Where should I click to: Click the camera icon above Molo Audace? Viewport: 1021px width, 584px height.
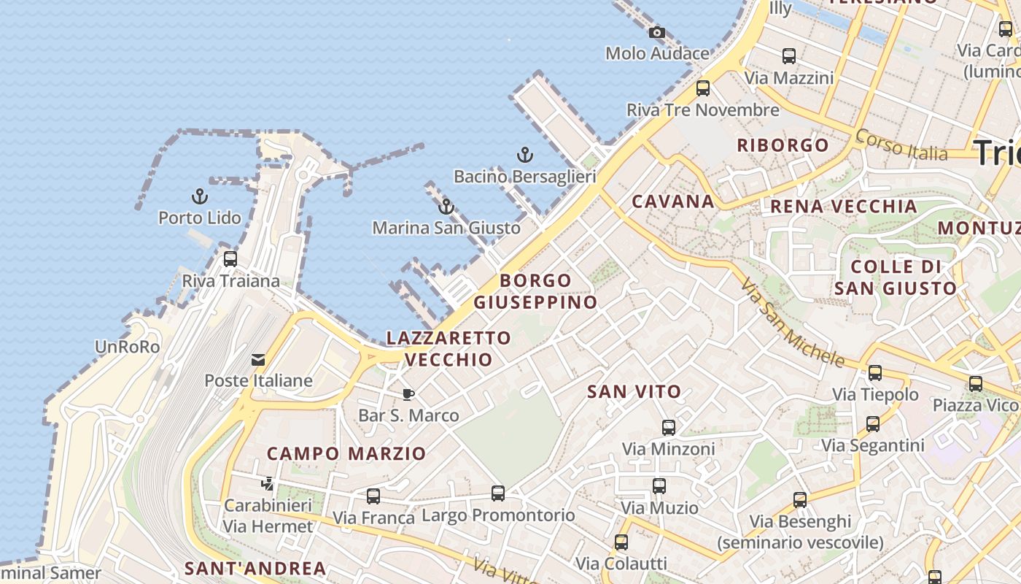point(657,32)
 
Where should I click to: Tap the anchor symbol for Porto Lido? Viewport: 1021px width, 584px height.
point(199,196)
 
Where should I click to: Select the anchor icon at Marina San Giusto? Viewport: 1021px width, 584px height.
point(446,207)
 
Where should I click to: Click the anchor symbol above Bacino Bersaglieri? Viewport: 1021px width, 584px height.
point(524,155)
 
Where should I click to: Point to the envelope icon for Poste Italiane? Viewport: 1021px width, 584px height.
point(258,359)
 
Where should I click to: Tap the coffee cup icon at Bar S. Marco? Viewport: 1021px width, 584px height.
point(408,394)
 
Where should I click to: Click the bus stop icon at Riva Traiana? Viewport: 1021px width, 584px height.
point(230,259)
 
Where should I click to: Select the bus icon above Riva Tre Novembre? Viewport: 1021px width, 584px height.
point(703,88)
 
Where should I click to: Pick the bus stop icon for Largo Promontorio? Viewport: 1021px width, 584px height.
point(498,493)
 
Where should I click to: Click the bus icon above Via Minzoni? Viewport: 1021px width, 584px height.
point(669,428)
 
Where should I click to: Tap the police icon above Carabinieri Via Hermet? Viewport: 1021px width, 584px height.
point(268,483)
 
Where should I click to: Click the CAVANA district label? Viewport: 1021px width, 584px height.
point(672,201)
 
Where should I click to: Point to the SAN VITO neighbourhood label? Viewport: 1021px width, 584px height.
point(634,392)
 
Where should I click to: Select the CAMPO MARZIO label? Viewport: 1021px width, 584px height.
point(346,453)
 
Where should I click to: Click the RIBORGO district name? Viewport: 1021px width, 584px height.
point(783,145)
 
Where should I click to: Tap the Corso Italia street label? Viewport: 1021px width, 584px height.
point(901,145)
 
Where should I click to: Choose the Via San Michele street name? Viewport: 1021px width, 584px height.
point(792,323)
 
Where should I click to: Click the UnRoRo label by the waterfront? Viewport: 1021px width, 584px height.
point(128,347)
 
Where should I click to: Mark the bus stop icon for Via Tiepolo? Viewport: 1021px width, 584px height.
point(875,373)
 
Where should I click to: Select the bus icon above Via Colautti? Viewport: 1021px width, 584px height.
point(621,542)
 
